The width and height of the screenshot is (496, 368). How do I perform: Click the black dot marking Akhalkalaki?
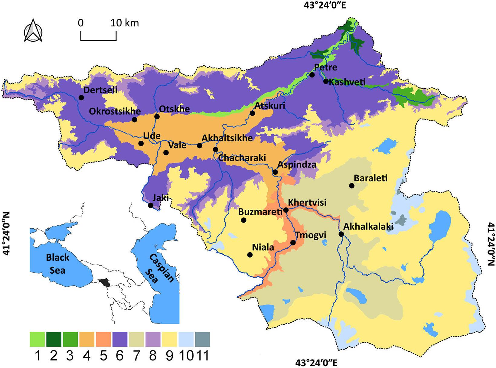(341, 234)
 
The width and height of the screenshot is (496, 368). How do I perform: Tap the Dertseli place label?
(100, 90)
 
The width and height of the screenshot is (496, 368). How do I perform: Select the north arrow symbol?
(33, 31)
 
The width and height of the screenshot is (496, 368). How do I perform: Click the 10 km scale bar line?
(98, 40)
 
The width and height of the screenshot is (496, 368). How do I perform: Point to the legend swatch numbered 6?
(120, 339)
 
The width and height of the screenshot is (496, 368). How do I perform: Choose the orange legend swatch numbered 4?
(87, 339)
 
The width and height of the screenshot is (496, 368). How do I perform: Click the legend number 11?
(202, 356)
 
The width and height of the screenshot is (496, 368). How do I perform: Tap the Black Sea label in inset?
(57, 263)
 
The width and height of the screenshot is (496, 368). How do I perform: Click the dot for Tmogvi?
(293, 243)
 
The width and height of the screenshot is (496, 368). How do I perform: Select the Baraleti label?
(370, 178)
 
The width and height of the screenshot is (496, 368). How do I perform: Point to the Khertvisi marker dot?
(286, 210)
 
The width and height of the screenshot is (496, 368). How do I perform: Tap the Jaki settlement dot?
(151, 205)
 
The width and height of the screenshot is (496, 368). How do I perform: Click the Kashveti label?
(347, 82)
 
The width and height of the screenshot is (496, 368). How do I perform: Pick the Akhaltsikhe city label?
(227, 138)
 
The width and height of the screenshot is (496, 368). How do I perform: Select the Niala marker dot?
(250, 255)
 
